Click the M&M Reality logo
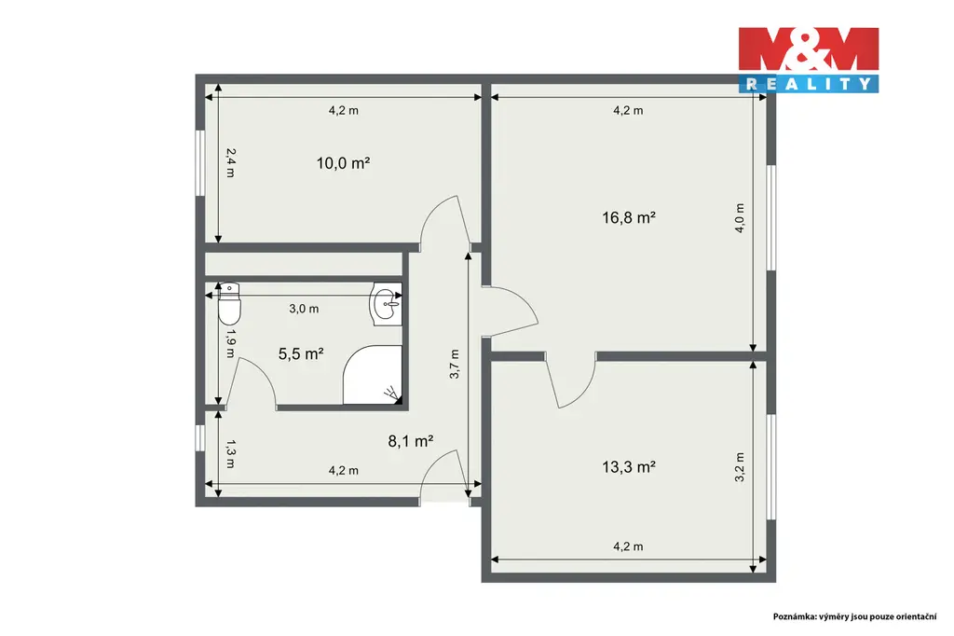click(809, 60)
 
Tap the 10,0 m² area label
click(343, 163)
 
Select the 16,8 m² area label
click(629, 217)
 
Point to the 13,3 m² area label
click(629, 467)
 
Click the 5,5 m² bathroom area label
click(301, 354)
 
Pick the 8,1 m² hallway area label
click(411, 441)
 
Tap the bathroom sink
click(386, 304)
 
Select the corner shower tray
click(373, 375)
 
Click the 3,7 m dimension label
click(455, 365)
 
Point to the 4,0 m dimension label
click(740, 218)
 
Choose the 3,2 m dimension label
click(740, 467)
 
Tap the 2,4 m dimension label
click(230, 163)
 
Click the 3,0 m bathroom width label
click(304, 309)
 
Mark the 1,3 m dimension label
click(230, 454)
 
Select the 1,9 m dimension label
click(230, 343)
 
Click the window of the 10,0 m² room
click(199, 162)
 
